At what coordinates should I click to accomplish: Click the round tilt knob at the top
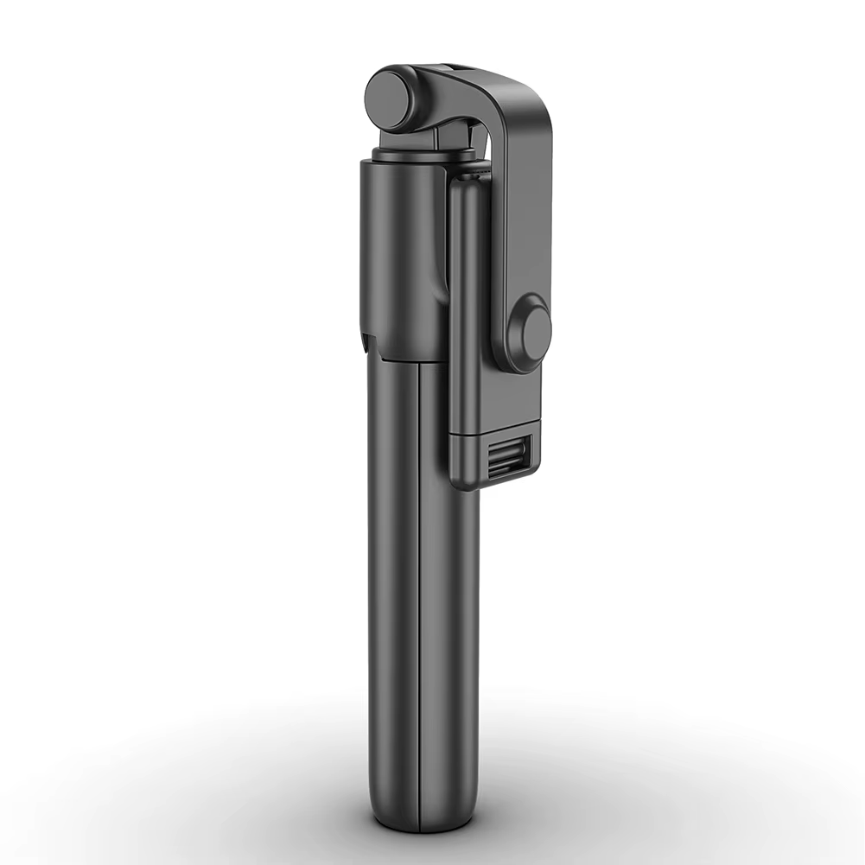(393, 98)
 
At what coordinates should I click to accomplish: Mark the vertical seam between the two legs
(420, 605)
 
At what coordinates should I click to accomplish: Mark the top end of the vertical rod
(471, 178)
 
